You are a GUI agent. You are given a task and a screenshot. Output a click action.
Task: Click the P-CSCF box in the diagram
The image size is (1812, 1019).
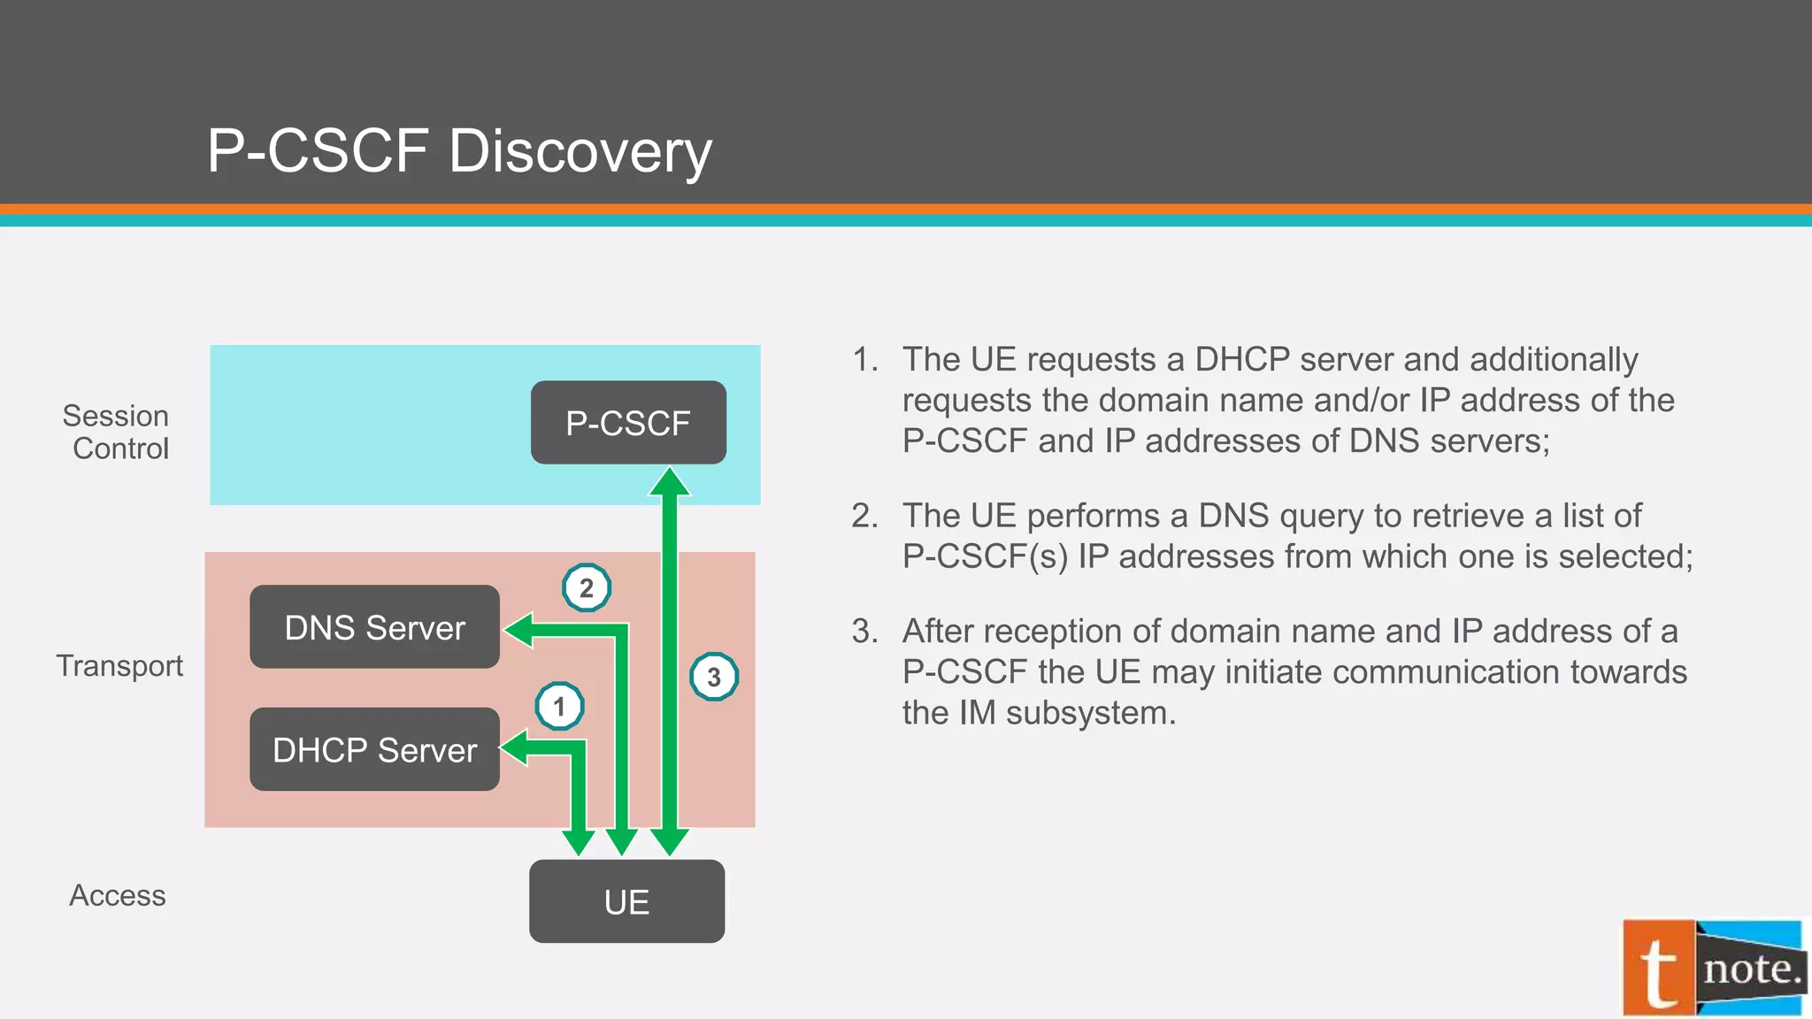pos(628,423)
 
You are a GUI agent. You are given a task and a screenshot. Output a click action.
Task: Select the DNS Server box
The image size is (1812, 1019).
pos(374,627)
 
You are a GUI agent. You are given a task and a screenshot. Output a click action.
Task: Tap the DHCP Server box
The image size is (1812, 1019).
pos(374,749)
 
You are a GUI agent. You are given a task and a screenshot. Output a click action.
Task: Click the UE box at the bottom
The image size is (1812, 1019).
pos(626,901)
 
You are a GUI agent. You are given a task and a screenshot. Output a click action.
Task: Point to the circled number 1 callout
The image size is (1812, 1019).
pos(559,706)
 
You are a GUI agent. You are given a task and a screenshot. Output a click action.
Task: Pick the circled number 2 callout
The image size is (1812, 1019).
pos(586,587)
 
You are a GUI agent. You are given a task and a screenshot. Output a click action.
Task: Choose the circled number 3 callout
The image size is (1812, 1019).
pos(713,677)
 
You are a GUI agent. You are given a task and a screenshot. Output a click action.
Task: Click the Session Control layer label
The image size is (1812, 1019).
pos(117,432)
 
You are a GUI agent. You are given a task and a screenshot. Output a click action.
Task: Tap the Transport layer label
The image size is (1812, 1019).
pos(119,665)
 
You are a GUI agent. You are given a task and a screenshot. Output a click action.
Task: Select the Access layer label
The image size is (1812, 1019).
pos(118,895)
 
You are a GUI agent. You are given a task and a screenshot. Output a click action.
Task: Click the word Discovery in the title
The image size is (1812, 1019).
pos(580,150)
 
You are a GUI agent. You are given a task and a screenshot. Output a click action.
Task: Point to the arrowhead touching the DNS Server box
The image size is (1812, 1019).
pos(518,630)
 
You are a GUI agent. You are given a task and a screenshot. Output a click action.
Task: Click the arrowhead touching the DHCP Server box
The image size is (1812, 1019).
pos(515,747)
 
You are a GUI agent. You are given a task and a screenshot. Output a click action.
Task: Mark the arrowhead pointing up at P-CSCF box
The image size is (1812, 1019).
pos(670,482)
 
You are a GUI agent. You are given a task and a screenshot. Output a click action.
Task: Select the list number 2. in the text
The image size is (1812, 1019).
pos(864,516)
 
